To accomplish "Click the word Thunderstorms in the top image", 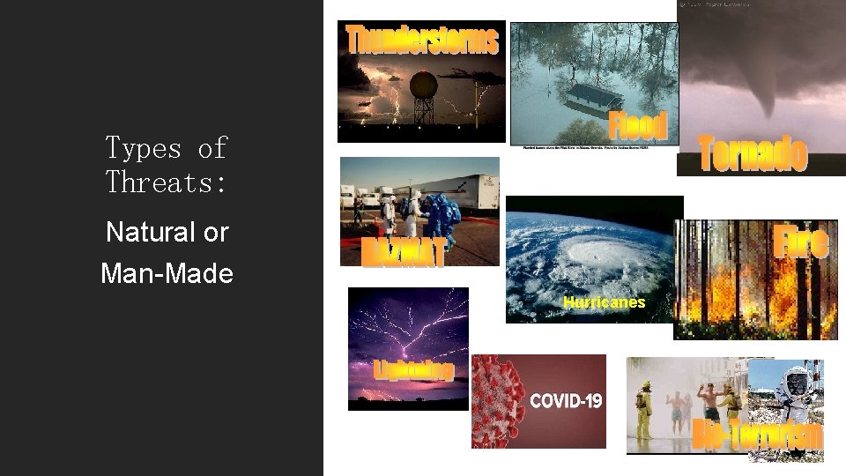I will pyautogui.click(x=421, y=40).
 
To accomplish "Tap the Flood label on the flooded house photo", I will pyautogui.click(x=638, y=124).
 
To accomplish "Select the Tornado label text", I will pyautogui.click(x=752, y=153).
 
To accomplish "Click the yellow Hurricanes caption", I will pyautogui.click(x=604, y=302).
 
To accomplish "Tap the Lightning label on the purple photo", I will pyautogui.click(x=413, y=371).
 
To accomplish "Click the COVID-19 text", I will pyautogui.click(x=566, y=401).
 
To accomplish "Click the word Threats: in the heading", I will pyautogui.click(x=166, y=182).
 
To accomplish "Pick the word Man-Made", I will pyautogui.click(x=167, y=273).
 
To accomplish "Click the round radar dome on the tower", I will pyautogui.click(x=425, y=86).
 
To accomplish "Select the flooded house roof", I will pyautogui.click(x=600, y=95).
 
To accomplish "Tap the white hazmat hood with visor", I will pyautogui.click(x=797, y=381).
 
